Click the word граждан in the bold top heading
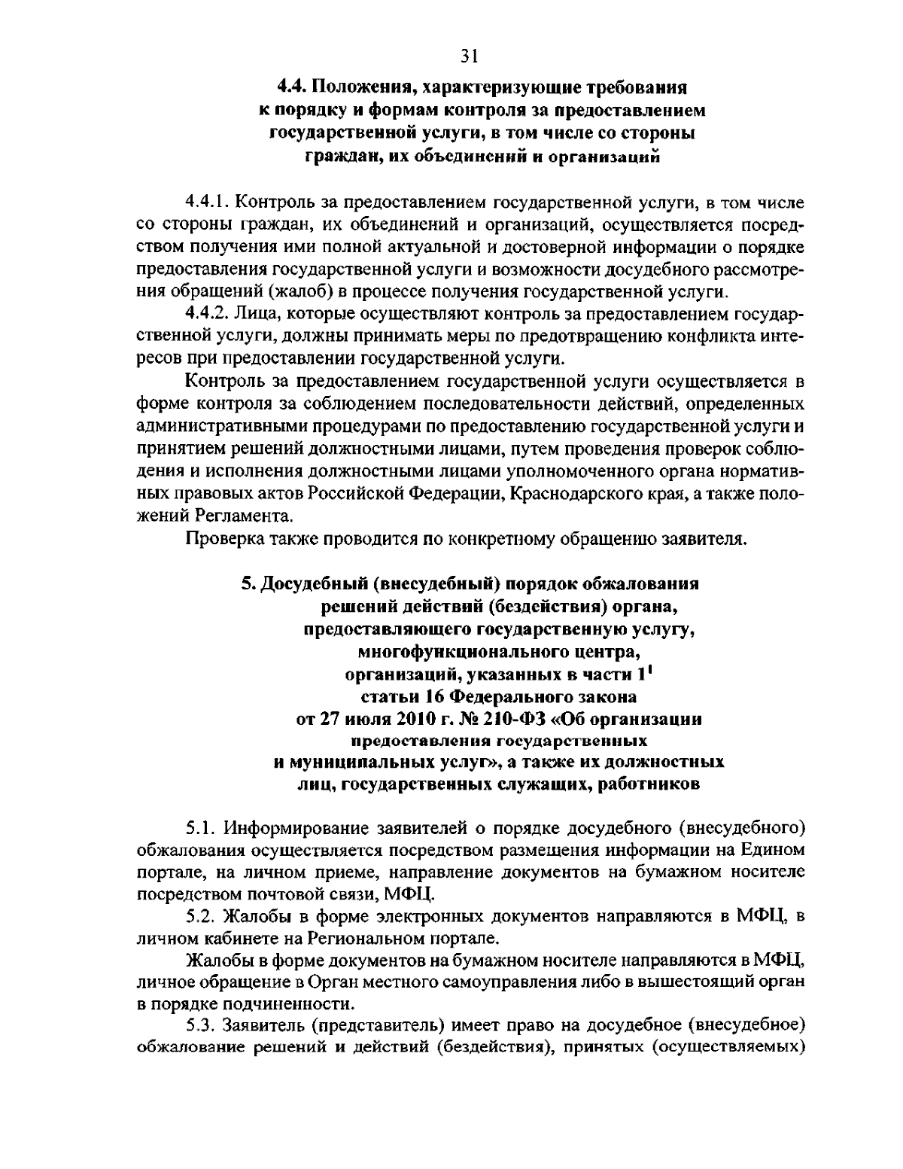[x=332, y=157]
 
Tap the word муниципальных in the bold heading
[x=365, y=762]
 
